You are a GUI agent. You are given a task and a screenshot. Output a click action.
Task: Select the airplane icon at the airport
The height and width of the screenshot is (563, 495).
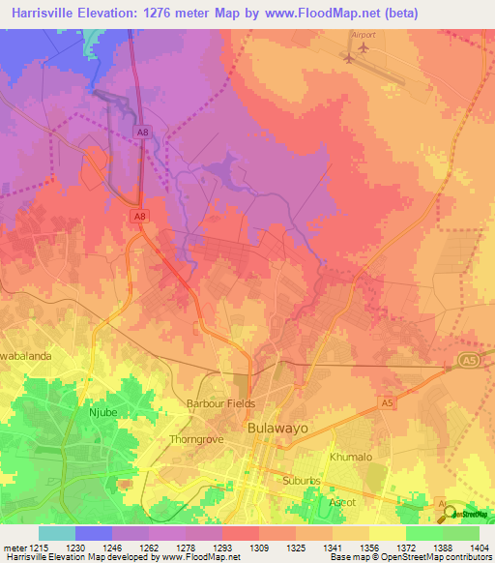click(349, 56)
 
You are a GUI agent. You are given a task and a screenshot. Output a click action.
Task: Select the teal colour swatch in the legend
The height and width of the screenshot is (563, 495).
click(56, 533)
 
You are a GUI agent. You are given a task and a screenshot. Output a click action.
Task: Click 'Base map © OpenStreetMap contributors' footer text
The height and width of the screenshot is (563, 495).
click(410, 558)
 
